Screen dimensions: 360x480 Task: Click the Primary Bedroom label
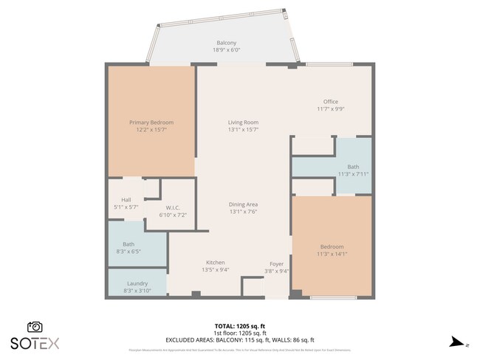click(x=151, y=122)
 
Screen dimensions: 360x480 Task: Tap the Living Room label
click(x=242, y=122)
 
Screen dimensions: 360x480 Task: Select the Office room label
click(x=330, y=102)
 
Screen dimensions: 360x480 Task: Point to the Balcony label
click(x=226, y=43)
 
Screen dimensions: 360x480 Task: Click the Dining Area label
click(x=242, y=204)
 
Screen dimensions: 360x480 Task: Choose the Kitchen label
click(x=215, y=263)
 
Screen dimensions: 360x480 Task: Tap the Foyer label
click(x=276, y=263)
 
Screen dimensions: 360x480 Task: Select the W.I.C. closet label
click(x=174, y=207)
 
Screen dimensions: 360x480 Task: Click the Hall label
click(x=126, y=200)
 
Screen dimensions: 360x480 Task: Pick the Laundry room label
click(x=137, y=283)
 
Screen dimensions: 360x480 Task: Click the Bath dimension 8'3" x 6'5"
click(x=128, y=252)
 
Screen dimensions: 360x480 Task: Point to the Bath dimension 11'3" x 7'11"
click(x=353, y=174)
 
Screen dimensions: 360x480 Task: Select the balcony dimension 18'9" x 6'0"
click(x=226, y=50)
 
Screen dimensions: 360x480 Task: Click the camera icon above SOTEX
click(x=35, y=327)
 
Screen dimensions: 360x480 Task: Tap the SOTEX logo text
click(x=35, y=343)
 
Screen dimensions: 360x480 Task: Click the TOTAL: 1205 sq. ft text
click(x=240, y=325)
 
